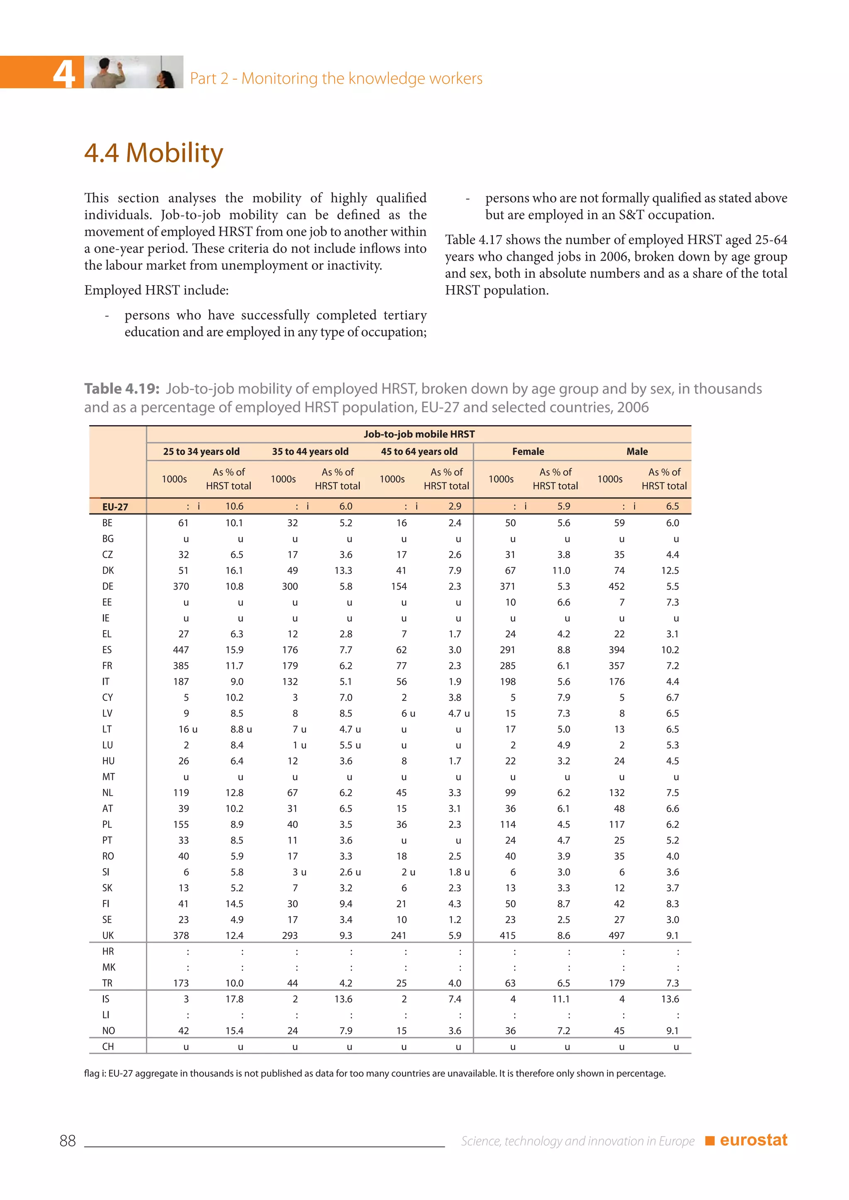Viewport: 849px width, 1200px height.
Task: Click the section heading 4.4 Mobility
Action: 154,153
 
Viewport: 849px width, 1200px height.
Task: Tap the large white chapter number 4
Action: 64,73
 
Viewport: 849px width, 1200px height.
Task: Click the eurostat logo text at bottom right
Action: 753,1140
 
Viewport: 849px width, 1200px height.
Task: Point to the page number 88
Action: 68,1141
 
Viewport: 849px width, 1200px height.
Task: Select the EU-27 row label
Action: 115,506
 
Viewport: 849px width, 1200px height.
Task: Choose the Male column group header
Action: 637,452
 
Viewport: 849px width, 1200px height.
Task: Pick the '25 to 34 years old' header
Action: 201,452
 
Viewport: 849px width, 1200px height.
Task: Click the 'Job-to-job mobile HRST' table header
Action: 419,434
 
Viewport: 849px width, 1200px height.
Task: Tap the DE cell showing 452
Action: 616,586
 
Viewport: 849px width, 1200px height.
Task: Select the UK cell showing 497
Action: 616,936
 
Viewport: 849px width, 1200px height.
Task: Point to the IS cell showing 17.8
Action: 234,999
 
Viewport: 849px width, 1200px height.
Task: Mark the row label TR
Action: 107,983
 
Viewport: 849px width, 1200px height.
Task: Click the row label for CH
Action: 108,1046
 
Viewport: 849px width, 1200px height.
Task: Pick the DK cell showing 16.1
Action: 234,571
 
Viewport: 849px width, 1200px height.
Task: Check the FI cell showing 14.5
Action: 234,904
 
